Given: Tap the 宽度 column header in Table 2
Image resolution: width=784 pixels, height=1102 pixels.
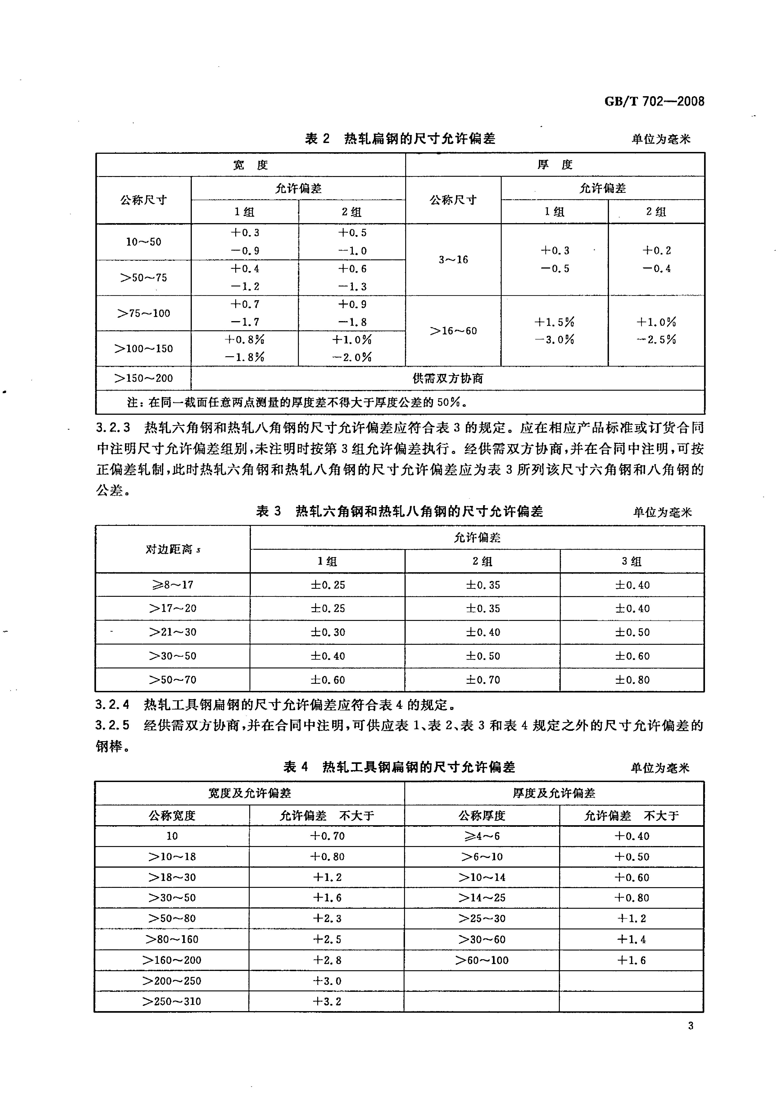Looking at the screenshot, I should coord(250,165).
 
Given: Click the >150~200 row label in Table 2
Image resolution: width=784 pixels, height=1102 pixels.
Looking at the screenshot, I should coord(143,378).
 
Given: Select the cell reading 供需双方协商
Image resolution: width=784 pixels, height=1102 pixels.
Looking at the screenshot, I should coord(447,378).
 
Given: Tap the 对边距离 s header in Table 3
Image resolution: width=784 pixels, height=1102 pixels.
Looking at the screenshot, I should coord(172,549).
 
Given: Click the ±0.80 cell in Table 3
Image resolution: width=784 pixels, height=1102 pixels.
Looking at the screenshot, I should coord(632,679).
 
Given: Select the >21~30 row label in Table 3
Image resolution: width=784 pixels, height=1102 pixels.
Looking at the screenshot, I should coord(172,632).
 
